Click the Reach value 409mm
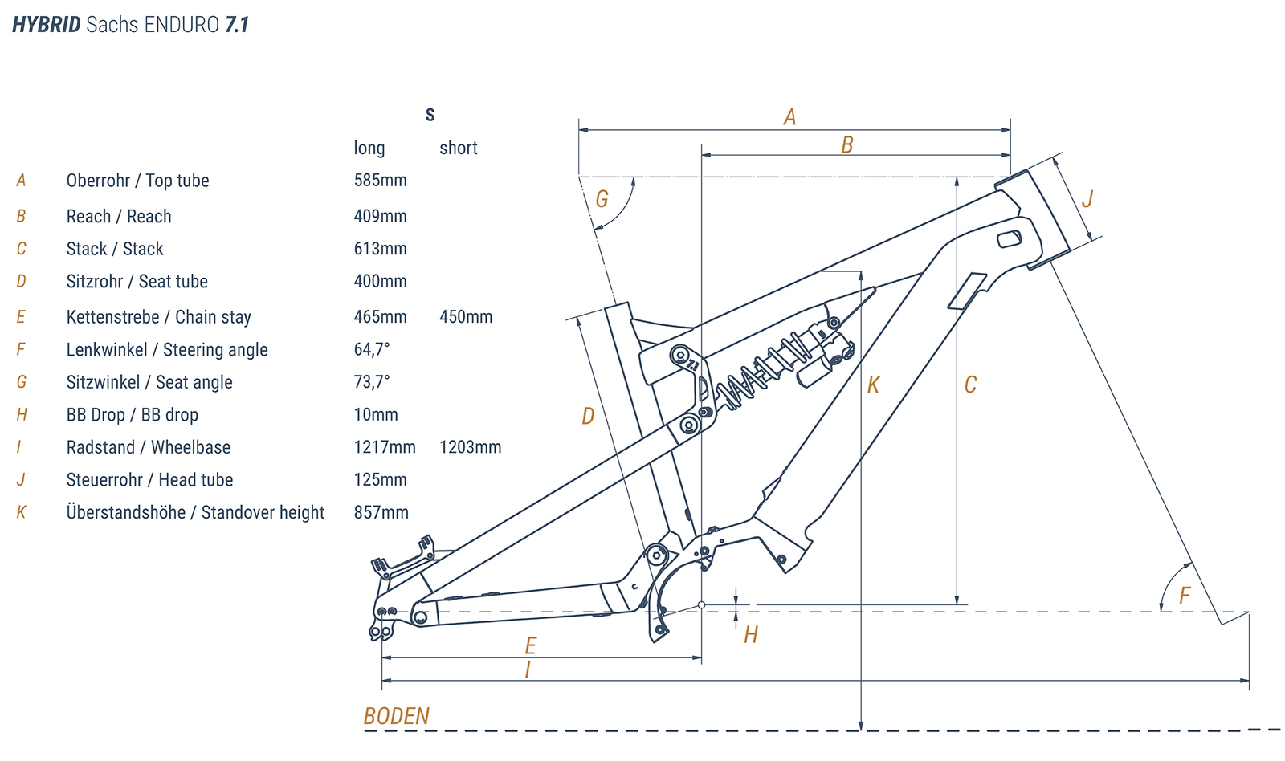[x=380, y=216]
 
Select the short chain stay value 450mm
[x=466, y=317]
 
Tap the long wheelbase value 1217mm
[x=385, y=447]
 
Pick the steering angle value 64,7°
[x=372, y=349]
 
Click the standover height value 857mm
[x=381, y=512]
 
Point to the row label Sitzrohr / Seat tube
[x=137, y=281]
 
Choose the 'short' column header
[x=458, y=148]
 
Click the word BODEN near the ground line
[x=396, y=716]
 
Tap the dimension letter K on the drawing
[x=873, y=385]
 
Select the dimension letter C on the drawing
[x=970, y=385]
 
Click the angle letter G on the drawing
[x=602, y=199]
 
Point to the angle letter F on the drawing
[x=1184, y=596]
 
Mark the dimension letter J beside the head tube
[x=1087, y=199]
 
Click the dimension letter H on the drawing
[x=750, y=635]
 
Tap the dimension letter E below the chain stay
[x=530, y=645]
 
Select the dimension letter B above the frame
[x=846, y=145]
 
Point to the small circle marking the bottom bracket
[x=701, y=604]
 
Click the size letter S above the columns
[x=430, y=115]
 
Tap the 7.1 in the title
[x=237, y=25]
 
